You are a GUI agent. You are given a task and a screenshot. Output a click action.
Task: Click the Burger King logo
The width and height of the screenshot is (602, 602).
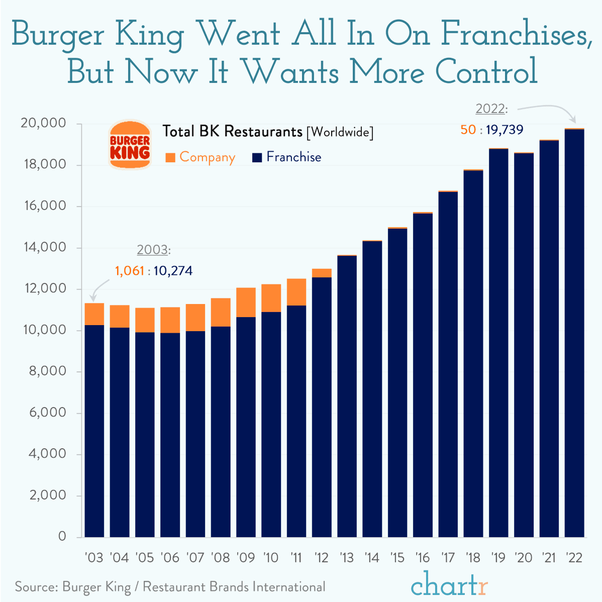coord(130,145)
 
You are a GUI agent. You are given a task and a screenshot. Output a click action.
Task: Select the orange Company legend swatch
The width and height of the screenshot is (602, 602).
coord(170,158)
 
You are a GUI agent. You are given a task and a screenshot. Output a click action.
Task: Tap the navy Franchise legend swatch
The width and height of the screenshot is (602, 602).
coord(257,158)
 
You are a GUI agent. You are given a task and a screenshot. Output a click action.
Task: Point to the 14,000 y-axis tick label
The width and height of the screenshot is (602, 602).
coord(43,247)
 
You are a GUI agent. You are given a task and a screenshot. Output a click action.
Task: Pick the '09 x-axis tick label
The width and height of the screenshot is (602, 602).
coord(245,558)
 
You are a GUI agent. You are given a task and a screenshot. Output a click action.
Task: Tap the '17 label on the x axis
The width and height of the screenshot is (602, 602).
coord(447,558)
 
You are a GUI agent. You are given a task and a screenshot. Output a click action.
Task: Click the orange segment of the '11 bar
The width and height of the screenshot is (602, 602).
coord(296,292)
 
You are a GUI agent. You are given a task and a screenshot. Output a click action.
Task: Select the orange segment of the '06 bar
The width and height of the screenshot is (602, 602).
coord(170,320)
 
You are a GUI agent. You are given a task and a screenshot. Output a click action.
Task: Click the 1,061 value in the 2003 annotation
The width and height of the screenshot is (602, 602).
coord(129,271)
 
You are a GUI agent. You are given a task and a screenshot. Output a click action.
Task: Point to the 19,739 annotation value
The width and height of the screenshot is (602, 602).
coord(505,130)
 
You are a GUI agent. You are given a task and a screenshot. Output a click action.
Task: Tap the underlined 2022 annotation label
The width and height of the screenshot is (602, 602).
coord(490,109)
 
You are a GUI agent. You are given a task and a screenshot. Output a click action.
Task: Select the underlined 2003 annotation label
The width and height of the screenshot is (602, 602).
coord(152,250)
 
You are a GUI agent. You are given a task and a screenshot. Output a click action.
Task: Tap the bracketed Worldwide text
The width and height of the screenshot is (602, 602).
coord(340,132)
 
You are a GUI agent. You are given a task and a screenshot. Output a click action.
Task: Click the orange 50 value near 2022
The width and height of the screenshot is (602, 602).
coord(468,130)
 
